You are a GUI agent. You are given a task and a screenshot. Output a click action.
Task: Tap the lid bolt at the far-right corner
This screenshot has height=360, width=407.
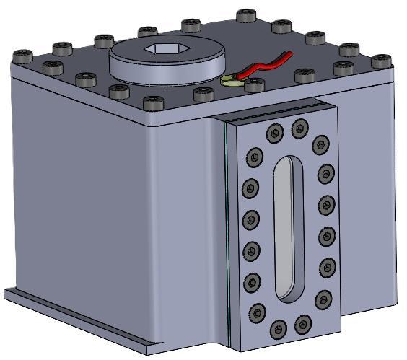(380, 62)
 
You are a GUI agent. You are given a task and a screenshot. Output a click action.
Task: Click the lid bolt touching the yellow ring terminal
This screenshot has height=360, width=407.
(253, 85)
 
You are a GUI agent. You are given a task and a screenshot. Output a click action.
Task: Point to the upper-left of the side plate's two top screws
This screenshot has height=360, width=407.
(274, 132)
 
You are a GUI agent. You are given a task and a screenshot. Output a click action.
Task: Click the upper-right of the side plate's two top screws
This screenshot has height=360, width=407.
(299, 128)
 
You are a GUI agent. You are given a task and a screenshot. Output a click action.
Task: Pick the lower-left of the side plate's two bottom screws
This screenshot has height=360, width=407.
(279, 329)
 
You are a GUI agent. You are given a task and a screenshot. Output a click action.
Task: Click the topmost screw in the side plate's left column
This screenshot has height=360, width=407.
(254, 157)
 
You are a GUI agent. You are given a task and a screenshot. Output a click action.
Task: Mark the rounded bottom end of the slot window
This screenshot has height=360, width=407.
(288, 291)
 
